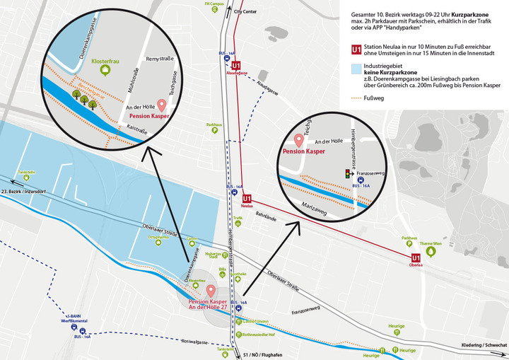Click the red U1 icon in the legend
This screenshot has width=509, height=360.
pyautogui.click(x=358, y=49)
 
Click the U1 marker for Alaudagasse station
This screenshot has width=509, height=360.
pyautogui.click(x=235, y=64)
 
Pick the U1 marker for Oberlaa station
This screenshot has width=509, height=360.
pyautogui.click(x=416, y=259)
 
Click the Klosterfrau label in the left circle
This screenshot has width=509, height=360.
pyautogui.click(x=105, y=61)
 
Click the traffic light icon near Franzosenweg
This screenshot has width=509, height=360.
pyautogui.click(x=346, y=173)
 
